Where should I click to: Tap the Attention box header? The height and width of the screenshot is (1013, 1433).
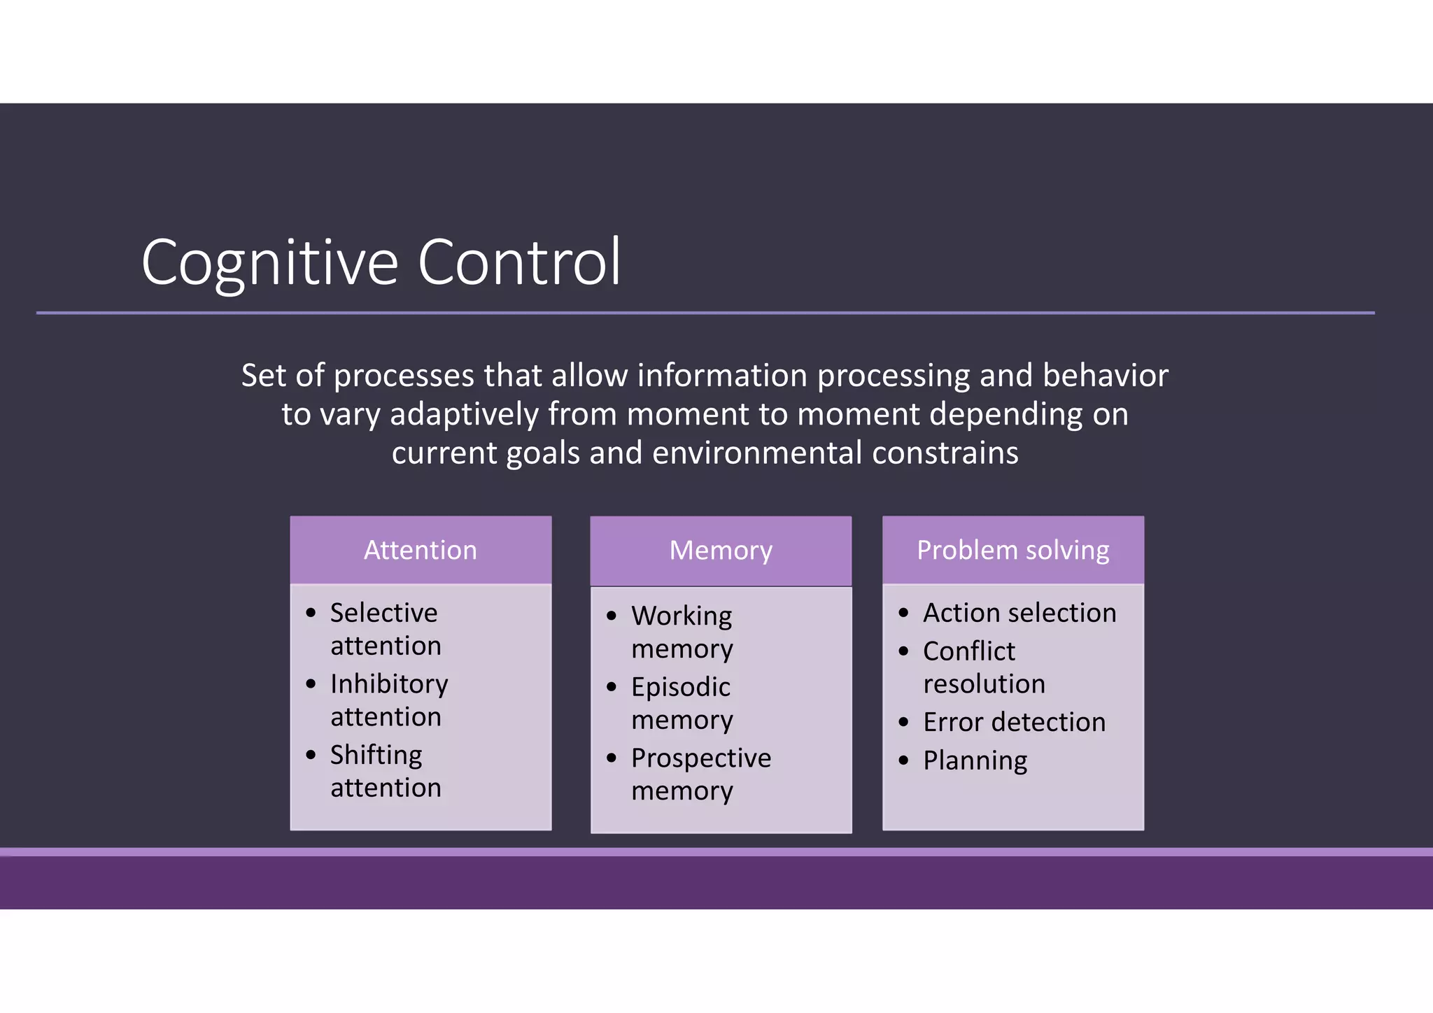tap(421, 550)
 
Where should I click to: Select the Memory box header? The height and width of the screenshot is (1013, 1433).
tap(721, 551)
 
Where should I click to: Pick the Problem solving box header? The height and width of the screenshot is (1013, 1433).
tap(1012, 550)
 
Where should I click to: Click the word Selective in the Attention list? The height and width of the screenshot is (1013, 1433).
tap(383, 613)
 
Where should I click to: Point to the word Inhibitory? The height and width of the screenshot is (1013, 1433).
tap(389, 684)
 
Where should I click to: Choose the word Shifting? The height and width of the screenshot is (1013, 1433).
tap(376, 756)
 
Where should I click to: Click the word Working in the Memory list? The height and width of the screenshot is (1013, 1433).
tap(682, 616)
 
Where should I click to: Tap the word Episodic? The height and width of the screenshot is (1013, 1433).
tap(680, 687)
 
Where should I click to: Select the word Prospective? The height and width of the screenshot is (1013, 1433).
tap(701, 758)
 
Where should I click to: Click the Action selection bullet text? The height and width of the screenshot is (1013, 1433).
tap(1019, 613)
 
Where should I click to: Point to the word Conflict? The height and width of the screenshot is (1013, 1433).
tap(969, 651)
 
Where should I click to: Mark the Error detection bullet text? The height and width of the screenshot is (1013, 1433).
tap(1014, 722)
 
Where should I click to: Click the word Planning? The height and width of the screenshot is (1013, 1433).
tap(975, 760)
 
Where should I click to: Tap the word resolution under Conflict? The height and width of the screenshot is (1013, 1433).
tap(984, 684)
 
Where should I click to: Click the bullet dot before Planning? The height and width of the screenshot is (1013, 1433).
tap(903, 760)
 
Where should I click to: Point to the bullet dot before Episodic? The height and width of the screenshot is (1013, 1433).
tap(612, 687)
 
